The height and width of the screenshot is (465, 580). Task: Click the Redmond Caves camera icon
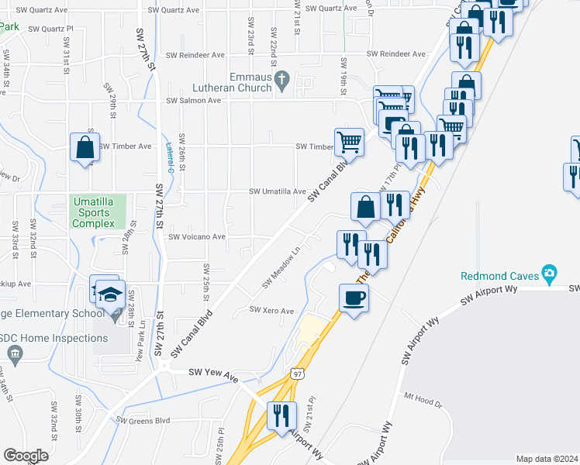coord(550,273)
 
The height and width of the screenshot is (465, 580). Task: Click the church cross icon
coord(282,79)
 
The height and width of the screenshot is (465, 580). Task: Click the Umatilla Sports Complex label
coord(93,212)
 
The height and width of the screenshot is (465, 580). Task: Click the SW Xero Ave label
coord(271,310)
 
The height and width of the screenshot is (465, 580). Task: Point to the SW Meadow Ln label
coord(281,268)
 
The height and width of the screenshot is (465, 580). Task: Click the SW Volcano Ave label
coord(197,237)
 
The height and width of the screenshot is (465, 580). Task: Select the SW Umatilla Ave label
coord(277,191)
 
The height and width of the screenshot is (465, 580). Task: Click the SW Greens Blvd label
coord(143,421)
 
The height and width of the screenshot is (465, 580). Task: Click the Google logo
coord(26,456)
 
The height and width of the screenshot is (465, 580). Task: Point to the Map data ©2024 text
coord(546,459)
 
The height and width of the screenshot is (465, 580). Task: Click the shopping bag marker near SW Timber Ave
coord(85,147)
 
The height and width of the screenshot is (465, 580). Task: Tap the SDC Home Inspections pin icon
coord(13,353)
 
